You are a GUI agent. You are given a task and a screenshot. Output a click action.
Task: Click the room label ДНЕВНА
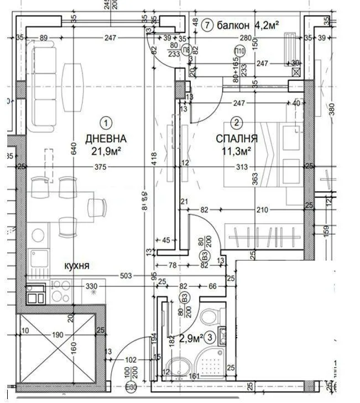[106, 138]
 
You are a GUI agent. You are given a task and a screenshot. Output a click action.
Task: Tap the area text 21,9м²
[106, 150]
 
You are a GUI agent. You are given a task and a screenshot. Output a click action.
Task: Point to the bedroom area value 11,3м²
[236, 150]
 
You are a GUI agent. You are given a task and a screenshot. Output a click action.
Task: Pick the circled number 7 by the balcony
[207, 25]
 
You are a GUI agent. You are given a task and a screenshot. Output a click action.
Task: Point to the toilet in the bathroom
[210, 315]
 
